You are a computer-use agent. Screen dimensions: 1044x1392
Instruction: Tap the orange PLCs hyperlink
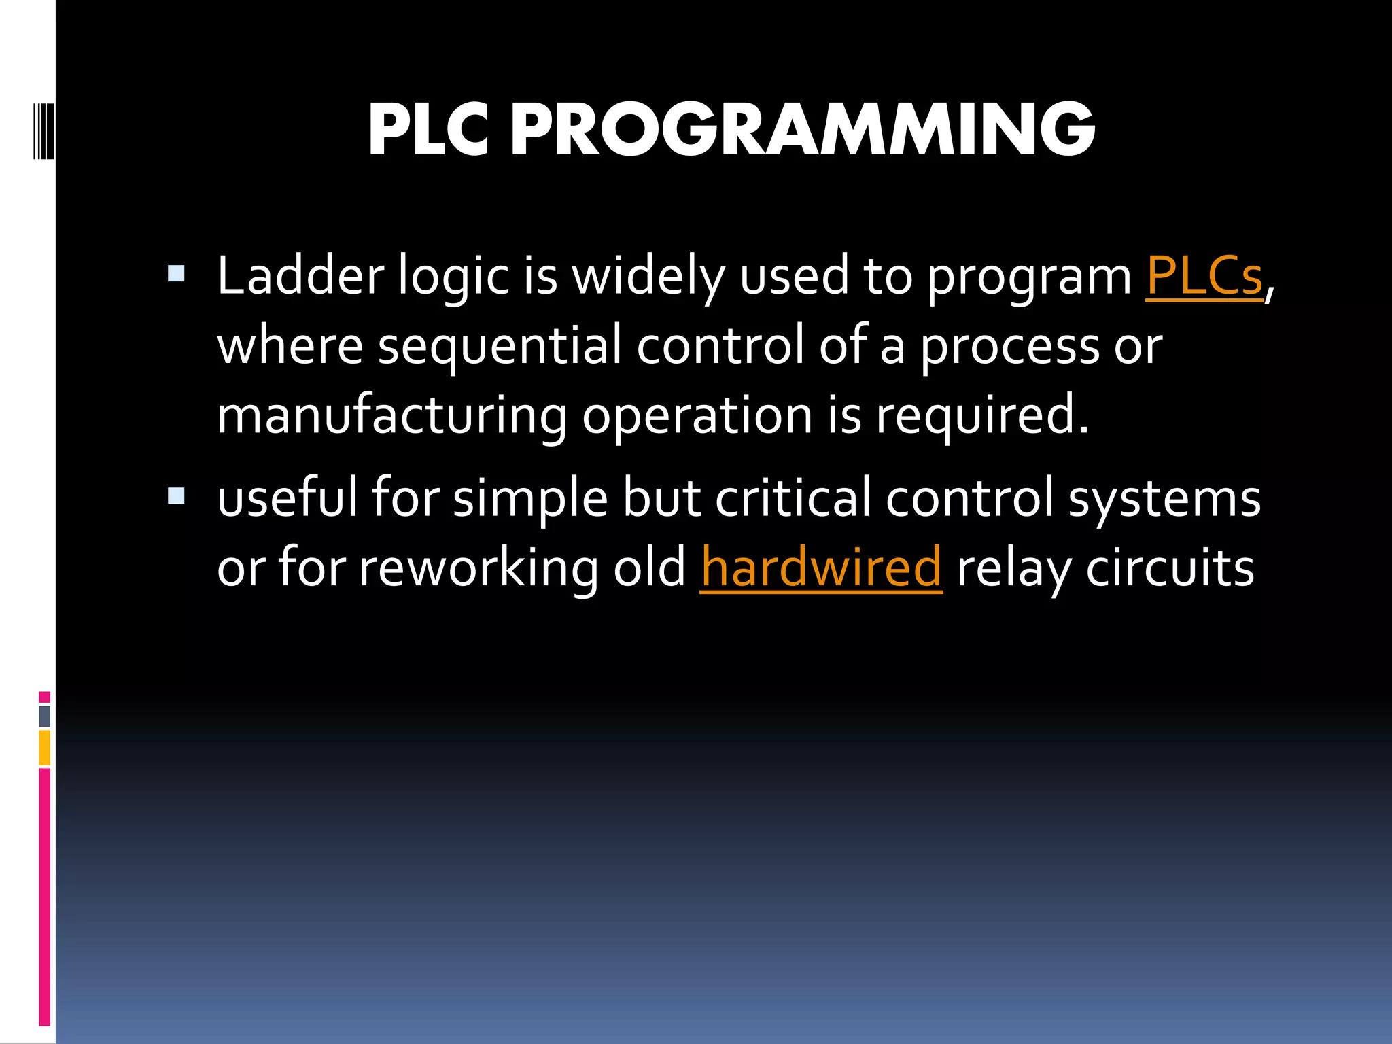[1204, 277]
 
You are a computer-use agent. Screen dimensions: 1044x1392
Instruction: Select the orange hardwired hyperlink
[821, 568]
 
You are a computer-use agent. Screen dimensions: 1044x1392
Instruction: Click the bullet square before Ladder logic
[176, 274]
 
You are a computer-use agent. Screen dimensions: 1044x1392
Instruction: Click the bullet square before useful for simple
[176, 496]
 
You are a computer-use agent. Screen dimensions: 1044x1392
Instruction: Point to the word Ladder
[300, 277]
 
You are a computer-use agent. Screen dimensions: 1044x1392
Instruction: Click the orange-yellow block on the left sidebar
[45, 748]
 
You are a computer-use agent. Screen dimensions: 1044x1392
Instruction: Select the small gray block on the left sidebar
[45, 716]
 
